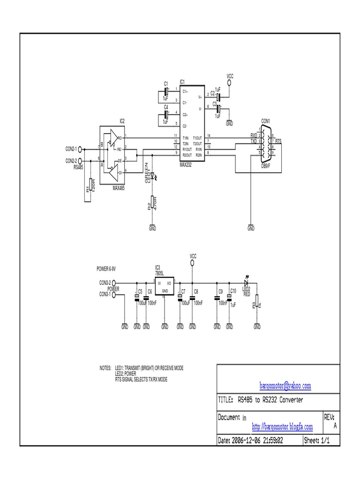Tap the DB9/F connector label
coord(266,165)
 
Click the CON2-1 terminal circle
coord(80,149)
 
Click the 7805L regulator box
coord(165,287)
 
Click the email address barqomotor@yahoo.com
coord(285,386)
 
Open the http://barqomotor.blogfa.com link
coord(282,427)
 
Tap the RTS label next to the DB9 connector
coord(278,141)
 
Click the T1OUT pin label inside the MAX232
coord(197,138)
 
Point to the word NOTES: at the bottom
coord(105,368)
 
